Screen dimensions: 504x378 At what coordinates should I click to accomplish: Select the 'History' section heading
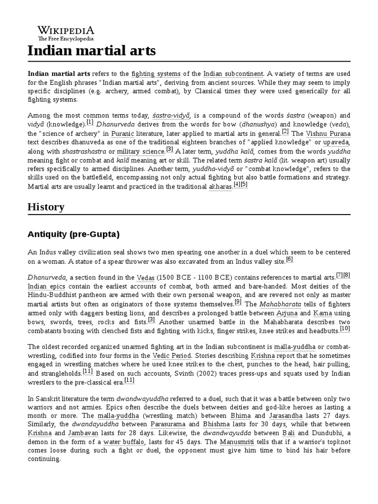coord(46,207)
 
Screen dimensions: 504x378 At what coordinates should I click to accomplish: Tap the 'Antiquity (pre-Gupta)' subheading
coord(74,234)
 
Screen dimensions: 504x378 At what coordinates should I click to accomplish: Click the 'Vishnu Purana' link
coord(328,133)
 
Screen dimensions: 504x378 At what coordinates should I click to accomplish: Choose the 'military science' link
coord(140,152)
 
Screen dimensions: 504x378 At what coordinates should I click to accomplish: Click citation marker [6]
coord(289,259)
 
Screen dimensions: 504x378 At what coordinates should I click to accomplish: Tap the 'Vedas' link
coord(146,277)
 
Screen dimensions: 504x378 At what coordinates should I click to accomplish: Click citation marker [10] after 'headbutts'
coord(345,328)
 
